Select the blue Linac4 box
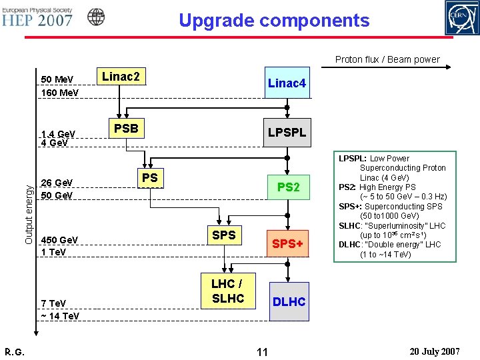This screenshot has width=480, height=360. [287, 83]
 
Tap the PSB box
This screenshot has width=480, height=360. [125, 128]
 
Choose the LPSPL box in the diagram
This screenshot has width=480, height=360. [287, 133]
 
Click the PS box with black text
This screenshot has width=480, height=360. [150, 178]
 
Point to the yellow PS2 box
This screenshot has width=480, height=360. [288, 187]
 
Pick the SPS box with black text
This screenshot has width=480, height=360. [223, 235]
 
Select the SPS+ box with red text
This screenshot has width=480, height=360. [287, 245]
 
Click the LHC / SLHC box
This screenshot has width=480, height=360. [227, 291]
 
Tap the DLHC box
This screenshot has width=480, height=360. [288, 302]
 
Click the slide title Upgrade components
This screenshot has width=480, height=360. [273, 20]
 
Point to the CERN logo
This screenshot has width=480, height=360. [461, 18]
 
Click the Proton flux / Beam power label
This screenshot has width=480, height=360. [387, 59]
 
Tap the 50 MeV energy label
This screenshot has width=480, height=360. [57, 79]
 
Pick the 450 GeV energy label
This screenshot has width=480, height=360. [59, 239]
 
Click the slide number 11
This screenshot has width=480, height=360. [261, 351]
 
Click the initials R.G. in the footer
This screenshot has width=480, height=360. [15, 351]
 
